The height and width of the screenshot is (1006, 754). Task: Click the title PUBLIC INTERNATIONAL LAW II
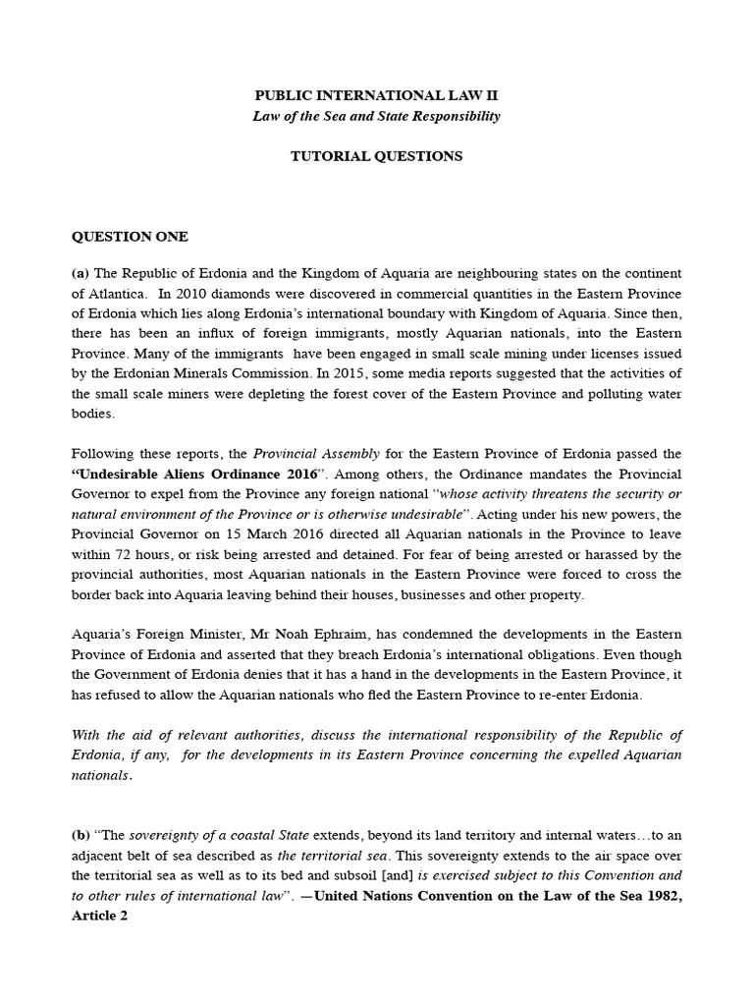pyautogui.click(x=376, y=95)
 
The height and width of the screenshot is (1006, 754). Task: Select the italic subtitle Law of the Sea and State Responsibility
pyautogui.click(x=376, y=116)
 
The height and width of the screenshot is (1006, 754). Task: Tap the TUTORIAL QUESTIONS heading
pyautogui.click(x=376, y=156)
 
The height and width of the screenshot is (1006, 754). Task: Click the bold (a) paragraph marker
pyautogui.click(x=81, y=272)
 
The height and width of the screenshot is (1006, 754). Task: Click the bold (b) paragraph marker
pyautogui.click(x=81, y=835)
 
